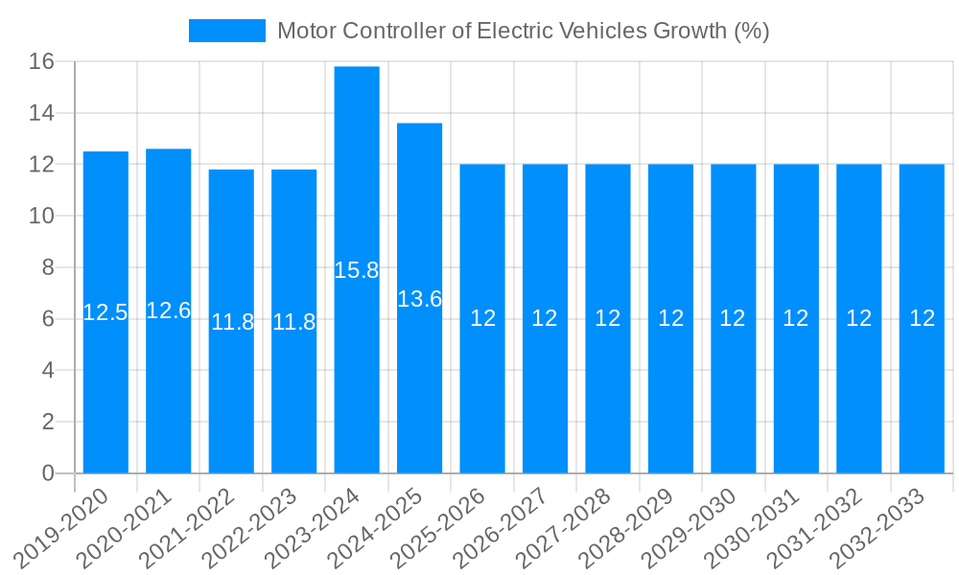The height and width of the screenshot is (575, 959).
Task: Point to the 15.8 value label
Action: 357,270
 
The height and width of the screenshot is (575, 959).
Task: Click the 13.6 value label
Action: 419,299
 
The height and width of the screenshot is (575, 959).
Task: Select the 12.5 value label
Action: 105,312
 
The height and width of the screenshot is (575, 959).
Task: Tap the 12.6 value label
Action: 168,310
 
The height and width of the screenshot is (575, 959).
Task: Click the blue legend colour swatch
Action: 227,31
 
